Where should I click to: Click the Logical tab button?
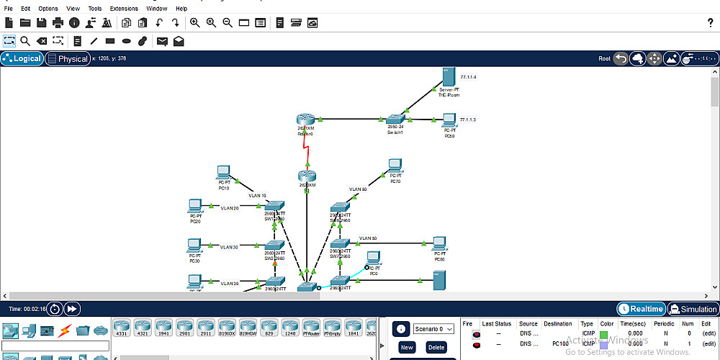tap(22, 59)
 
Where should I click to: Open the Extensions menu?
tap(124, 9)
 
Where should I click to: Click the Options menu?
tap(48, 9)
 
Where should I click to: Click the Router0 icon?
tap(306, 120)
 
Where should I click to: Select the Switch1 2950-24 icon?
tap(395, 120)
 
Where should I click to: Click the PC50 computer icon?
tap(449, 120)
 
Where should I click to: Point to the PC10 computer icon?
tap(224, 173)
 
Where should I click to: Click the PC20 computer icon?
tap(194, 206)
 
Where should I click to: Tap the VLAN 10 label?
tap(257, 195)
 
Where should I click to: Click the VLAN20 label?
tap(229, 208)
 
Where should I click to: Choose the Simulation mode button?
tap(693, 309)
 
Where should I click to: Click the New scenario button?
tap(407, 347)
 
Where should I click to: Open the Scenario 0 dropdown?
tap(433, 329)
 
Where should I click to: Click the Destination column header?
tap(558, 324)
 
